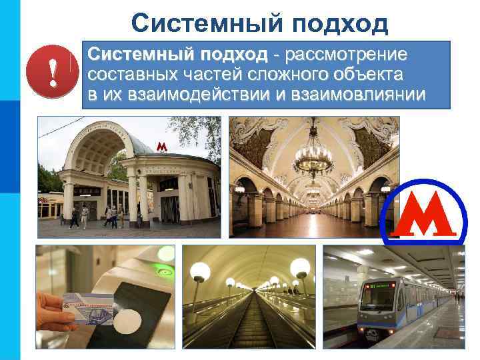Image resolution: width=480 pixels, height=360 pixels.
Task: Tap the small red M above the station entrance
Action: (161, 146)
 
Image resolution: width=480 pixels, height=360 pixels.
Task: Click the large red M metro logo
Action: (424, 214)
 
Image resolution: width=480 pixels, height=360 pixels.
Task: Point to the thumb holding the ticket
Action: (53, 303)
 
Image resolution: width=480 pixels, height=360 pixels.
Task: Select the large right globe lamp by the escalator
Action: (300, 268)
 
